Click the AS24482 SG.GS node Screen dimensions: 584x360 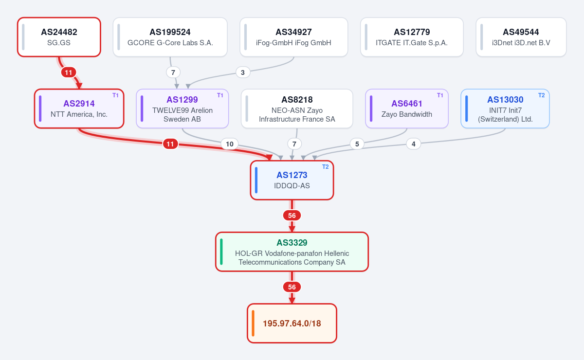59,37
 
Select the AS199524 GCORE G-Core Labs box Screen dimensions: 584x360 170,37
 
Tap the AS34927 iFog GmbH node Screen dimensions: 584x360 294,37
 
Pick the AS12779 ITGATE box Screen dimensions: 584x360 412,37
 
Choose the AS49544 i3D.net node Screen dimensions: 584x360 521,37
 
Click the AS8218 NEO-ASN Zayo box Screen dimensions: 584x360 297,108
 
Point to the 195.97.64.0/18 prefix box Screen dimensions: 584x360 292,323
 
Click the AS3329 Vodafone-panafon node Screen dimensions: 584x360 292,252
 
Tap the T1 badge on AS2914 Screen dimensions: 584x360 115,95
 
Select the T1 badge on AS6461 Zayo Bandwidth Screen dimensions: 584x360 440,95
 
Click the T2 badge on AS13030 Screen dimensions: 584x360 542,95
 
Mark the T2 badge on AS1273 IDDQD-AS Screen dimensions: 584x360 326,167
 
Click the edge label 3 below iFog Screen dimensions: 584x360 243,72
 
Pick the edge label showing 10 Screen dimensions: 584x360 229,144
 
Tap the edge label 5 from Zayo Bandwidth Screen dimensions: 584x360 357,144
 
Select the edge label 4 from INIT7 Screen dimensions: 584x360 414,144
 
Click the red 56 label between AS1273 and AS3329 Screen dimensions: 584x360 292,216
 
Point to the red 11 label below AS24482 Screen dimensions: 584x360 69,72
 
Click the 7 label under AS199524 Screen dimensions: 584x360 173,72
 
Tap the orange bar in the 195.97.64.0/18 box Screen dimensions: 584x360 253,323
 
